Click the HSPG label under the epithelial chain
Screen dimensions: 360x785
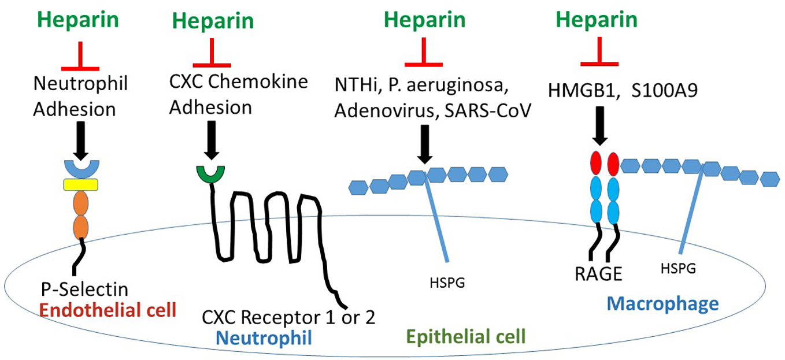(448, 284)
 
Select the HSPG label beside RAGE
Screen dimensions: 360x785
(678, 268)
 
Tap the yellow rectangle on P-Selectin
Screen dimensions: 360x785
(80, 185)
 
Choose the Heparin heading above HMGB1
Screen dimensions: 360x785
(597, 20)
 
